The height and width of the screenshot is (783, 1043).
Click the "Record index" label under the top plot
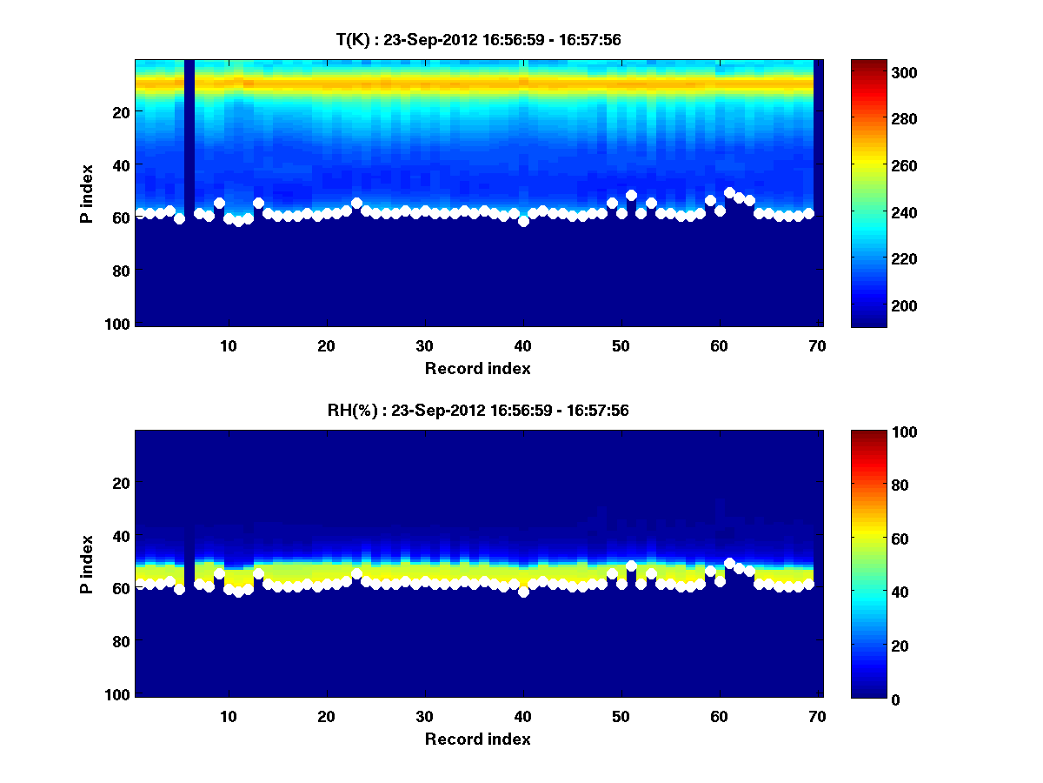(477, 368)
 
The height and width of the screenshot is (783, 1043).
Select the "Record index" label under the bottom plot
(477, 739)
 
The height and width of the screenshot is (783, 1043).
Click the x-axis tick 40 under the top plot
(522, 345)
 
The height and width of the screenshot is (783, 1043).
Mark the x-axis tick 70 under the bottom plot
(817, 716)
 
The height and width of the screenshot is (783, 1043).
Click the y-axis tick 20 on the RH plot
(122, 483)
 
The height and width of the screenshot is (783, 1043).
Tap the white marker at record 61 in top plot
(729, 192)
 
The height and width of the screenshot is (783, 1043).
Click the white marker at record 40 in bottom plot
(523, 592)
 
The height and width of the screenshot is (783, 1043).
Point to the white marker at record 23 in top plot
(356, 203)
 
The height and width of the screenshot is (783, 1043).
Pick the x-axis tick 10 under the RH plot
(228, 716)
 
